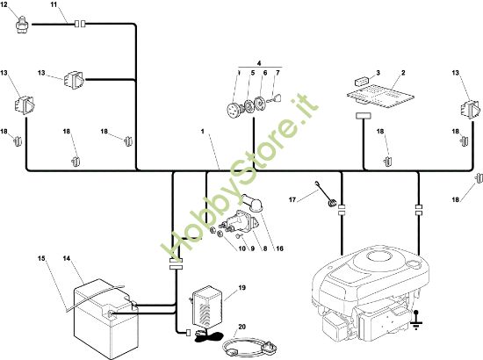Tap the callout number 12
click(x=4, y=5)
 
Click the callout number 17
click(x=292, y=200)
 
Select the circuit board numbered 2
click(x=380, y=96)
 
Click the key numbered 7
click(x=275, y=98)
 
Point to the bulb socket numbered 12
click(x=22, y=24)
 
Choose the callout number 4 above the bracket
click(x=259, y=63)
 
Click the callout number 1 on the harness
click(x=203, y=132)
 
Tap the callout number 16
click(x=279, y=248)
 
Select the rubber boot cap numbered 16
click(x=252, y=203)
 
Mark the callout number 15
click(x=41, y=258)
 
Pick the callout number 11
click(x=54, y=5)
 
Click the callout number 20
click(x=241, y=327)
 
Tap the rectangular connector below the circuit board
click(x=364, y=116)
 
